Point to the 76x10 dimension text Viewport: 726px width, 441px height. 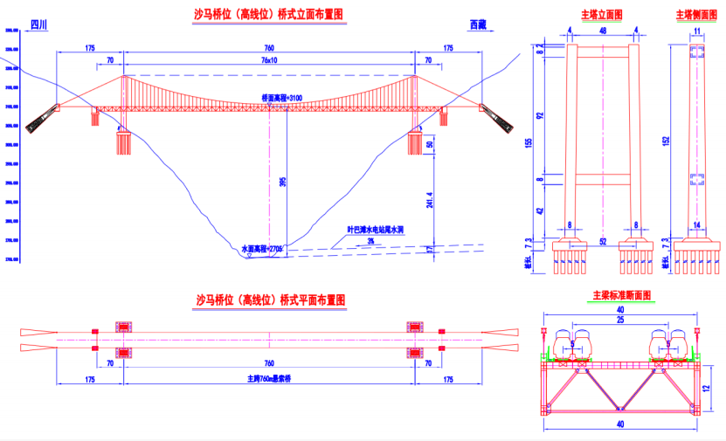point(269,60)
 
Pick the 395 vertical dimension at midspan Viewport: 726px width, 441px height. point(281,182)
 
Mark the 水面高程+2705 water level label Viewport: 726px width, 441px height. point(263,249)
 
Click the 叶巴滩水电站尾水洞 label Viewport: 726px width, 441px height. point(376,230)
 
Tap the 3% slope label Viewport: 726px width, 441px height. point(370,240)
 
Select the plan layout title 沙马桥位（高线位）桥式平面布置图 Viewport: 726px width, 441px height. point(270,300)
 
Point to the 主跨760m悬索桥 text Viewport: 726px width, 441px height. point(269,378)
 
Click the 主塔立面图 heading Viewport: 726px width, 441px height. point(602,15)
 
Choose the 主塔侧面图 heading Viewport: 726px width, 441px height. point(696,15)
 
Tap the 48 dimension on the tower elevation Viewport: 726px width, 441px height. point(602,31)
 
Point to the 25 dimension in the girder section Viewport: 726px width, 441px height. point(619,320)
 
